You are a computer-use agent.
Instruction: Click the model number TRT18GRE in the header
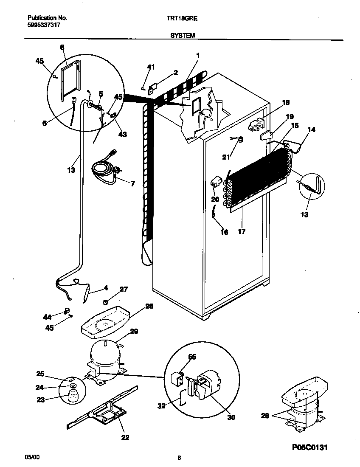pos(184,18)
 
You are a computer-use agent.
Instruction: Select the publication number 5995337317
pos(42,25)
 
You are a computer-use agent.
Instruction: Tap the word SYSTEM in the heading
pos(183,36)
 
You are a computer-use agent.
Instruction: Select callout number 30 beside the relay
pos(231,417)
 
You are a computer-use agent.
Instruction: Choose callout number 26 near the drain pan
pos(149,306)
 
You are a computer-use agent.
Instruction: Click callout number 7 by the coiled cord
pos(132,183)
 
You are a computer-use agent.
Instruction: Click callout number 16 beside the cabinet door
pos(224,232)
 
